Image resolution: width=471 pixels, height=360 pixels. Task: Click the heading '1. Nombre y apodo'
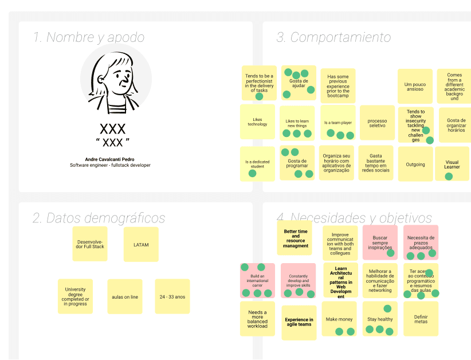pos(89,38)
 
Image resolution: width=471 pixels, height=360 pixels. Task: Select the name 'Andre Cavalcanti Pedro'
pos(110,159)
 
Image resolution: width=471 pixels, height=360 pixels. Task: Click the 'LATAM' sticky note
pos(141,245)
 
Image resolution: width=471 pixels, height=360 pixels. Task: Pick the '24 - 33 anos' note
pos(172,296)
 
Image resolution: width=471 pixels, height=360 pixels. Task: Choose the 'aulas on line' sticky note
pos(125,296)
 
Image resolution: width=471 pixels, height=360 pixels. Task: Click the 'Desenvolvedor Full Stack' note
pos(90,244)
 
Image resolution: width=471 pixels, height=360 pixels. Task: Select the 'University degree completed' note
pos(75,296)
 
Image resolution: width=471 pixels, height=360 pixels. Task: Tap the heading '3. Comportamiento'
pos(333,38)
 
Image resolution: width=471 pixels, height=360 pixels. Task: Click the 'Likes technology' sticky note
pos(257,122)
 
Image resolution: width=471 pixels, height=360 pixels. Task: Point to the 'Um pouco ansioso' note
pos(415,87)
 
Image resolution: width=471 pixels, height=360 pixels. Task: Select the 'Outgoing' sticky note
pos(415,165)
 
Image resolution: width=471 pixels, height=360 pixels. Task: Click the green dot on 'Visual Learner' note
pos(449,177)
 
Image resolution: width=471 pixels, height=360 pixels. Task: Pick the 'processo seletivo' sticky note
pos(377,123)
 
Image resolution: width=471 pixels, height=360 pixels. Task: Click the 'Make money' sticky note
pos(339,319)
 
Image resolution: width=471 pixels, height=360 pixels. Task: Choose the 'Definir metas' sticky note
pos(421,319)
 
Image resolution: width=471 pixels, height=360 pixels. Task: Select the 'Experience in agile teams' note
pos(299,322)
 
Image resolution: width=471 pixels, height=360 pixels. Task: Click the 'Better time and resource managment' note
pos(296,238)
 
